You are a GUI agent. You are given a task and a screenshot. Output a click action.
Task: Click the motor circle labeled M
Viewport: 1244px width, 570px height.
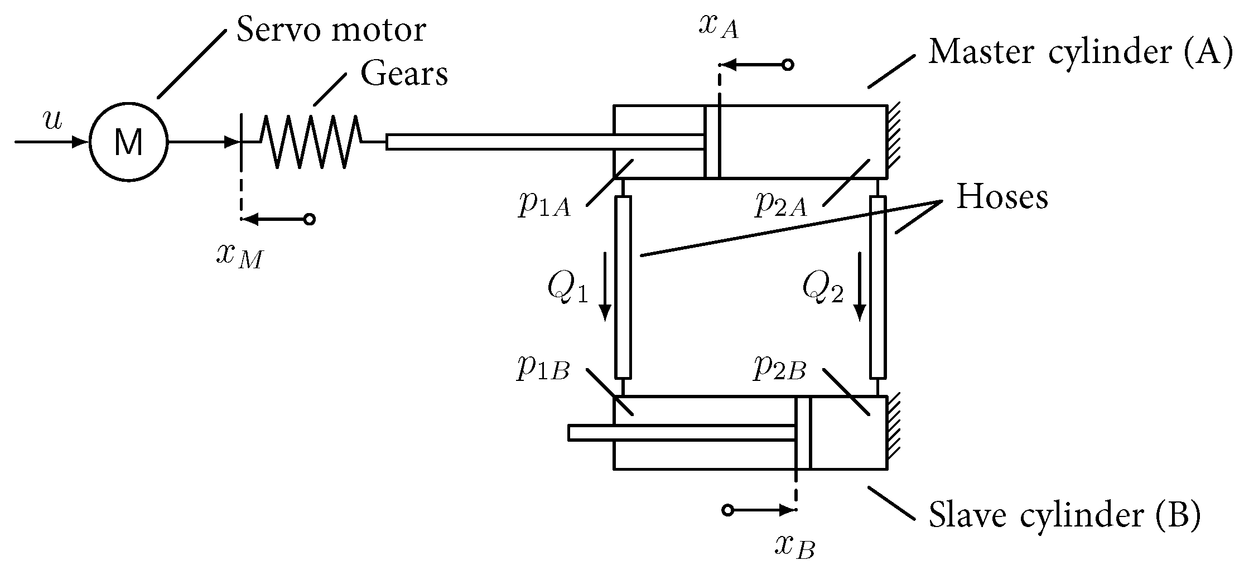128,142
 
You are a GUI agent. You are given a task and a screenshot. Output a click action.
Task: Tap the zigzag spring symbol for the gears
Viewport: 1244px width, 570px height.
311,142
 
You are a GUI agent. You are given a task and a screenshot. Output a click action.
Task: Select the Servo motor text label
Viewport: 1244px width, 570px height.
331,30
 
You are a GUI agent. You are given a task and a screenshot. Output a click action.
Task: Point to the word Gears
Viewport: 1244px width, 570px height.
404,74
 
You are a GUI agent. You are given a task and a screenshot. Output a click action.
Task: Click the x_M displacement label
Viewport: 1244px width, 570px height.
239,257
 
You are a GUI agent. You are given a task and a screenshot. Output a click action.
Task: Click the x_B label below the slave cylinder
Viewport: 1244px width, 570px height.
795,547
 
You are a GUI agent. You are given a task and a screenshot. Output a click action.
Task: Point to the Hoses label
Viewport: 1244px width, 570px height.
1002,197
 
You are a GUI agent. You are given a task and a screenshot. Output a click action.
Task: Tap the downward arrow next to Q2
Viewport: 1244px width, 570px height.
860,287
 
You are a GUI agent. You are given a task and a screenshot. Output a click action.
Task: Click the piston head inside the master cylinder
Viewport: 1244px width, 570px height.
712,142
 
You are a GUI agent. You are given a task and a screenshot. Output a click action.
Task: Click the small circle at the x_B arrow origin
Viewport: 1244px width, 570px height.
727,510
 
